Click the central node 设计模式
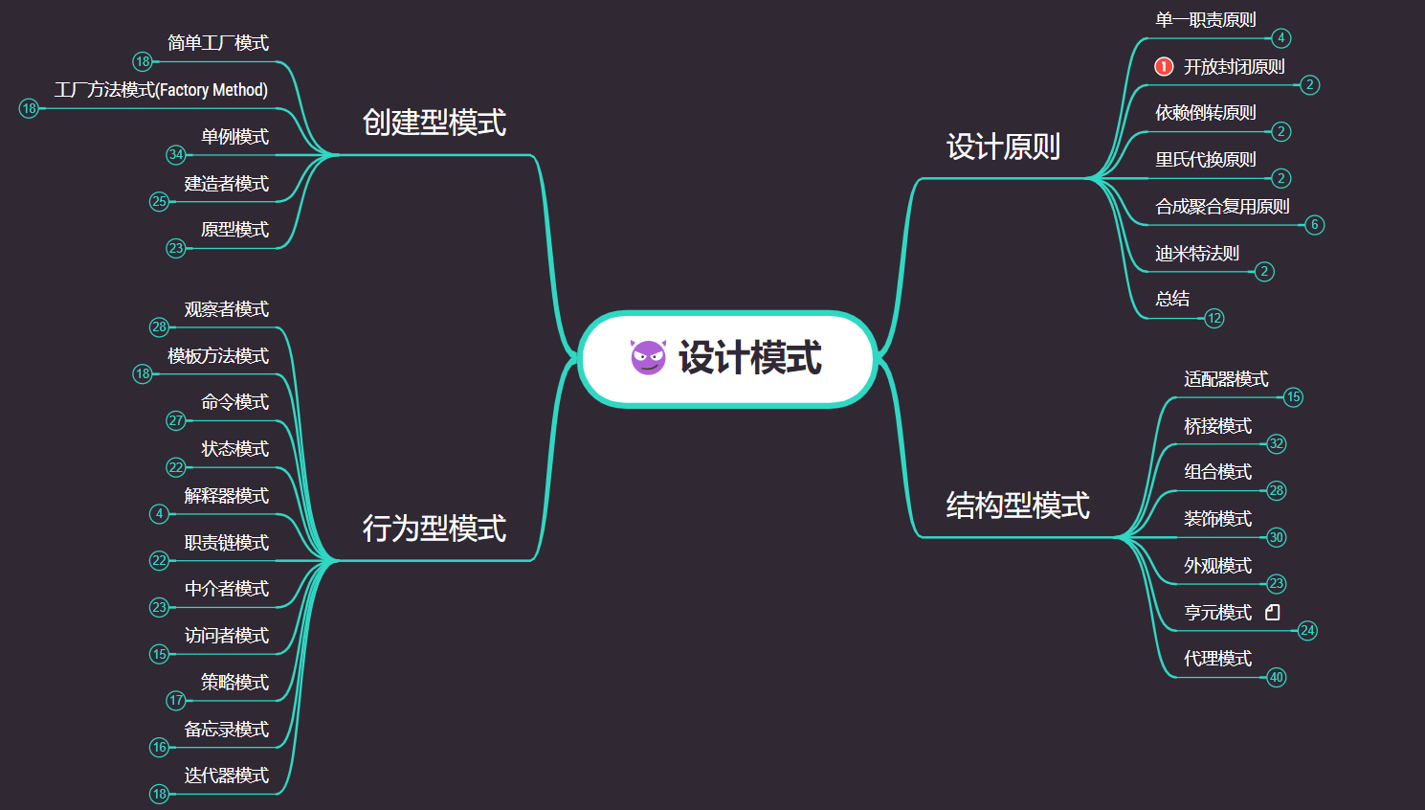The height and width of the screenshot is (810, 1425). (748, 358)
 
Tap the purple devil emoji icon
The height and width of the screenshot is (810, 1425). (648, 357)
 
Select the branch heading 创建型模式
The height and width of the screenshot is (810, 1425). (434, 123)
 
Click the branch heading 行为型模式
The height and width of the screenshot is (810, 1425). (434, 529)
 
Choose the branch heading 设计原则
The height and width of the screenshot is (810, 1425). (1003, 146)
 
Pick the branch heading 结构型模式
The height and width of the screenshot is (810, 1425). (1017, 506)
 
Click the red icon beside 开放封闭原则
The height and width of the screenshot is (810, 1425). (1164, 66)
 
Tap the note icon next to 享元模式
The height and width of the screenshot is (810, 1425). (1273, 612)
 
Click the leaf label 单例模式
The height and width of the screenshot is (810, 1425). (234, 137)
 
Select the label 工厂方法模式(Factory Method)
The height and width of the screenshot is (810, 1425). (161, 90)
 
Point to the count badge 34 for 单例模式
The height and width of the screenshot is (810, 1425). (176, 154)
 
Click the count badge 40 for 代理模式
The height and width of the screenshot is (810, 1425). (1277, 677)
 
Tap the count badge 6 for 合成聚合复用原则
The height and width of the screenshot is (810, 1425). (1315, 225)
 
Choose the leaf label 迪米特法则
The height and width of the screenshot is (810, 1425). (1196, 253)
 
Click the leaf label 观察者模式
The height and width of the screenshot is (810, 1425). (226, 309)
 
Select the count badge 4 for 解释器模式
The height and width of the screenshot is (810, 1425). (160, 514)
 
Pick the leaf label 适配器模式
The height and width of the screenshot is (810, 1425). (1226, 379)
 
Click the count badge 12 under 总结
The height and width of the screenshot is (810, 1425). (1214, 318)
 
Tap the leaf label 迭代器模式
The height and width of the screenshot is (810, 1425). (226, 776)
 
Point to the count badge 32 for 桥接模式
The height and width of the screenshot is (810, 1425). (1277, 443)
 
